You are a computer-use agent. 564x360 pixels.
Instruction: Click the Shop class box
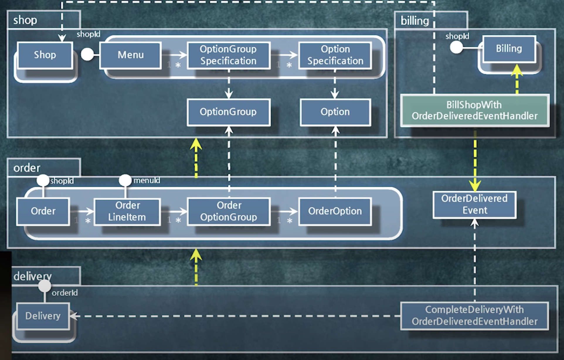(x=45, y=55)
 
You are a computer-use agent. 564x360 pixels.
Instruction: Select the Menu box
(x=130, y=55)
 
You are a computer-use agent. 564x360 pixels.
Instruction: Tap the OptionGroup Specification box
(x=228, y=55)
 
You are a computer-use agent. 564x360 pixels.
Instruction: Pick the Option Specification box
(x=335, y=55)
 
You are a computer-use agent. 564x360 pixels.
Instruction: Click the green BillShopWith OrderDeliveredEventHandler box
(x=475, y=111)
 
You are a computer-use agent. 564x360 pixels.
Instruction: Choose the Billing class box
(x=509, y=49)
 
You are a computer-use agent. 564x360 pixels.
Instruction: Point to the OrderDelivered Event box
(x=474, y=205)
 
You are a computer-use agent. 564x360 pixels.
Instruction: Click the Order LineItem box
(x=127, y=211)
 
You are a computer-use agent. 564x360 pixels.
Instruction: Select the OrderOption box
(x=335, y=211)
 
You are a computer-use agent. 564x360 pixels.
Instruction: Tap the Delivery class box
(x=43, y=316)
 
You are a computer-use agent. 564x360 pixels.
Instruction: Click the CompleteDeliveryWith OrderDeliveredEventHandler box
(x=474, y=316)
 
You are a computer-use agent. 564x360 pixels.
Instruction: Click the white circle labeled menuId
(x=125, y=180)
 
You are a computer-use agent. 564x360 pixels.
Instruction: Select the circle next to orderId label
(x=45, y=286)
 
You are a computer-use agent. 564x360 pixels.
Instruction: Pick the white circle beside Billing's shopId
(x=456, y=47)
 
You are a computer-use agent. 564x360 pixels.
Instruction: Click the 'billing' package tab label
(x=414, y=21)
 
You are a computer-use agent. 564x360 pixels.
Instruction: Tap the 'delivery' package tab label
(x=33, y=276)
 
